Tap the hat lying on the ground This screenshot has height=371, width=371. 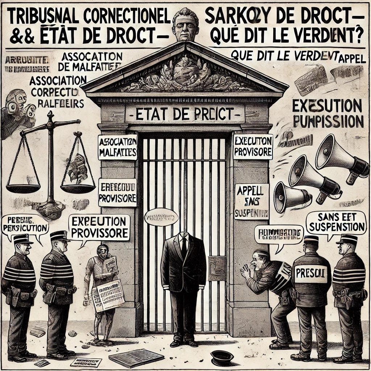point(222,357)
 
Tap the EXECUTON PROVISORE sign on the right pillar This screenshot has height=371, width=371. point(253,147)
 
